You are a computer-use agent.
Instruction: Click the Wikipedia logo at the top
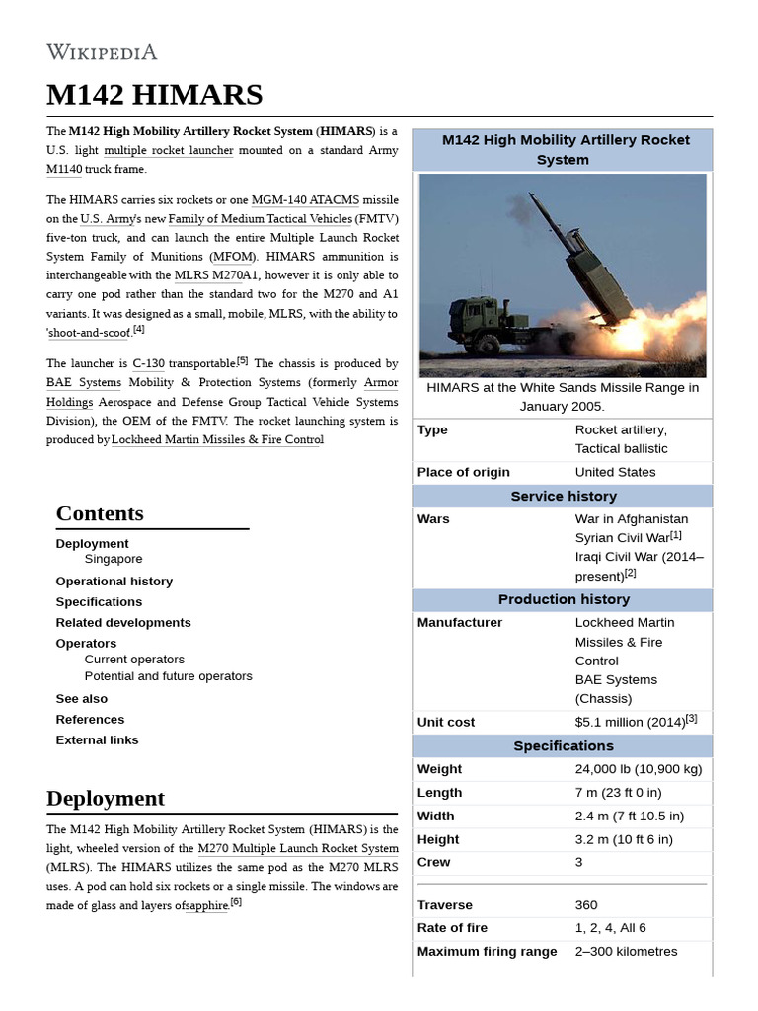[x=102, y=52]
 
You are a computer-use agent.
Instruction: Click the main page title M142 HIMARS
[x=154, y=95]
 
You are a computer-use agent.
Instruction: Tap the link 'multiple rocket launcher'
[x=169, y=151]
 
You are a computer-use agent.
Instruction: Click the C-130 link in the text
[x=148, y=364]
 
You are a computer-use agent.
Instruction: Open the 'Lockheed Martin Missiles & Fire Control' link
[x=217, y=440]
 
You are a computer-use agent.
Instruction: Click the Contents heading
[x=100, y=513]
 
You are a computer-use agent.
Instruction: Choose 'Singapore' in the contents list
[x=114, y=559]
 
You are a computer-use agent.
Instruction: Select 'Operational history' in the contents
[x=114, y=582]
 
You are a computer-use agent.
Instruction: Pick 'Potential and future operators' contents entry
[x=168, y=676]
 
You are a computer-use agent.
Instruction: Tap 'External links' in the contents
[x=97, y=740]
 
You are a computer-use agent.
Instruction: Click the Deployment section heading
[x=106, y=798]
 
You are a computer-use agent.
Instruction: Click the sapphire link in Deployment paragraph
[x=207, y=905]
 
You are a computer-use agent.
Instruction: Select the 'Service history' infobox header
[x=563, y=497]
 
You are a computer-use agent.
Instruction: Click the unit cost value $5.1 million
[x=630, y=723]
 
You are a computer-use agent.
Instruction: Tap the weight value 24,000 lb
[x=638, y=769]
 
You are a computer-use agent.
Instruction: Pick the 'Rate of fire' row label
[x=452, y=928]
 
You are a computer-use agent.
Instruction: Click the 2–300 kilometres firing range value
[x=626, y=952]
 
